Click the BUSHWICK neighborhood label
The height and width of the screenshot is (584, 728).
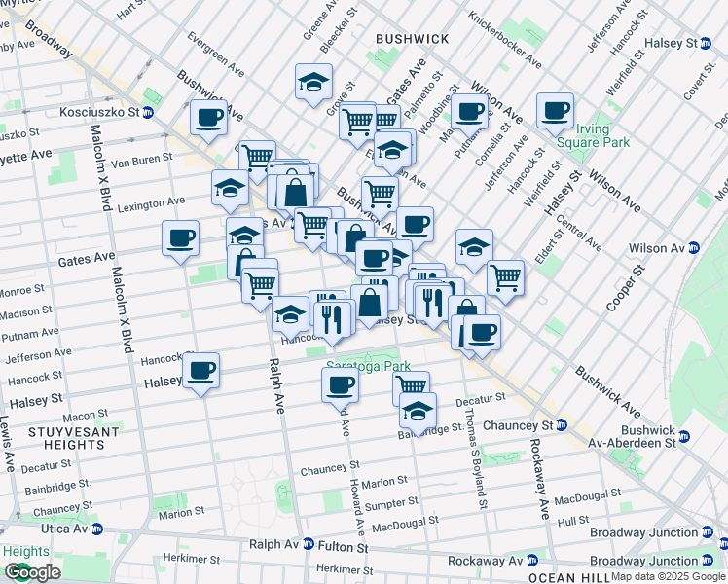pyautogui.click(x=412, y=38)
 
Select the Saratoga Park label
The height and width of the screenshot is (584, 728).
pyautogui.click(x=362, y=366)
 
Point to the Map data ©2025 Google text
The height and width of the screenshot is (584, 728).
pyautogui.click(x=667, y=576)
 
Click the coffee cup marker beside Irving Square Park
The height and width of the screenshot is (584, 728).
pyautogui.click(x=555, y=111)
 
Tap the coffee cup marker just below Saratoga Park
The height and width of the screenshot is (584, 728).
pyautogui.click(x=340, y=383)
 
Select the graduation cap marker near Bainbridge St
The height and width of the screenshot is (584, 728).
pyautogui.click(x=418, y=410)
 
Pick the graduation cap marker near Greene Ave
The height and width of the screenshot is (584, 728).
pyautogui.click(x=313, y=82)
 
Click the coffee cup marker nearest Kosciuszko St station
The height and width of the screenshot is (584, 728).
pyautogui.click(x=208, y=117)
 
